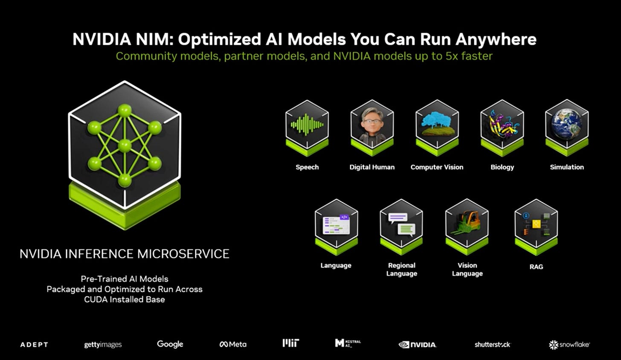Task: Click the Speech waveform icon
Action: pyautogui.click(x=307, y=125)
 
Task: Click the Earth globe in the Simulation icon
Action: pyautogui.click(x=566, y=124)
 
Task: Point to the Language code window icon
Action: pyautogui.click(x=336, y=224)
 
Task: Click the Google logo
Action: pyautogui.click(x=170, y=344)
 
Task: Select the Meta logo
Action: pyautogui.click(x=233, y=344)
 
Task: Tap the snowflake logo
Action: pyautogui.click(x=569, y=345)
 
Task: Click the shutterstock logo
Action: pyautogui.click(x=493, y=345)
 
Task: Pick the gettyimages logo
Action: pyautogui.click(x=103, y=345)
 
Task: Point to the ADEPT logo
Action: pyautogui.click(x=34, y=345)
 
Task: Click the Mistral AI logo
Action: pyautogui.click(x=348, y=343)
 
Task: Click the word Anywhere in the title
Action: pyautogui.click(x=496, y=39)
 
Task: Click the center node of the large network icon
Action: pyautogui.click(x=125, y=145)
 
